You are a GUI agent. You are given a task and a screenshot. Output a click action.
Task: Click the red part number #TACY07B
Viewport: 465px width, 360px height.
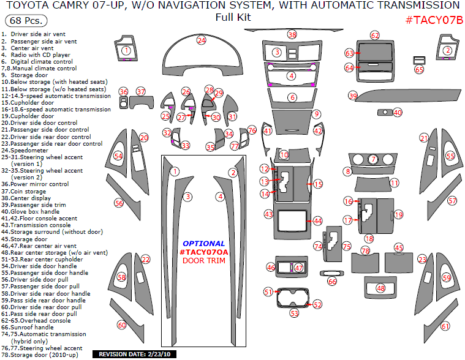tap(434, 20)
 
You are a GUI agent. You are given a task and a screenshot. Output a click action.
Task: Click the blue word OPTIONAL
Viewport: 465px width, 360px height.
tap(204, 243)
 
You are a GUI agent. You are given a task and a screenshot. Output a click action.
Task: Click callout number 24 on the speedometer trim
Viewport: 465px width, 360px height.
tap(201, 40)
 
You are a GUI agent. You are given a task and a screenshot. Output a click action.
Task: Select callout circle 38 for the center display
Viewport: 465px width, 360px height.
tap(292, 34)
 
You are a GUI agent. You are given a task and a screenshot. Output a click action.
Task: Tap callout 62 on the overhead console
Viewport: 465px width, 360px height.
tap(375, 36)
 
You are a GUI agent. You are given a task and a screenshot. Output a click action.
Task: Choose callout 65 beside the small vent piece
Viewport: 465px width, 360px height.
tap(419, 70)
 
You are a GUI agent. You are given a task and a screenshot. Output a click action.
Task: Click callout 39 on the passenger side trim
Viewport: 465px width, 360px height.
tap(352, 96)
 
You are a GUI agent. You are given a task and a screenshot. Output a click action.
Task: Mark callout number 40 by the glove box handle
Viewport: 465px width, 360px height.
tap(398, 113)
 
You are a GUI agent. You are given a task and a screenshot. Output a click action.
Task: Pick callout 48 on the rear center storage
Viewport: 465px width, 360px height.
tap(380, 288)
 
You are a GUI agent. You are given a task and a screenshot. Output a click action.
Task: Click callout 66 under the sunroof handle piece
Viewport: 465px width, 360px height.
tap(331, 282)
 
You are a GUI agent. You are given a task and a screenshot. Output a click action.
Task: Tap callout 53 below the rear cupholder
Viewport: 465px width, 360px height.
tap(294, 313)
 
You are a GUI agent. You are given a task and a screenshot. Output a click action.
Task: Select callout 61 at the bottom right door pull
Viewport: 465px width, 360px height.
tap(445, 326)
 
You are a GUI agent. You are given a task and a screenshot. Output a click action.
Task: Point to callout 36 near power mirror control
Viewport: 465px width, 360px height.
tap(123, 92)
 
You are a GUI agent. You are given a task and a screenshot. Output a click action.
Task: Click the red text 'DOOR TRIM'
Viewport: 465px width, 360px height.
tap(205, 261)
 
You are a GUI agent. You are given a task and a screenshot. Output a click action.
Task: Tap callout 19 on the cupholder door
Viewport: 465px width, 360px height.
tap(398, 214)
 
